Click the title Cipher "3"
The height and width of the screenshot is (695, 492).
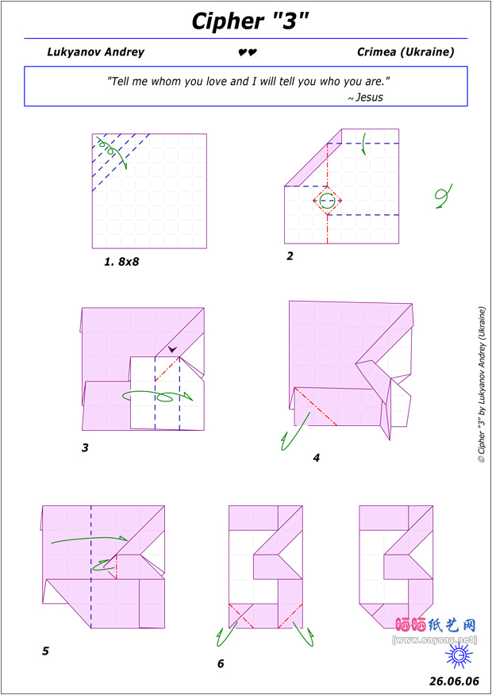tap(249, 21)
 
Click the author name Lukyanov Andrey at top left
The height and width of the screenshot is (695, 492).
tap(96, 52)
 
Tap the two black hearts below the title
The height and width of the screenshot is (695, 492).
tap(248, 52)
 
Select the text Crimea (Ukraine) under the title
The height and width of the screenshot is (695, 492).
tap(406, 52)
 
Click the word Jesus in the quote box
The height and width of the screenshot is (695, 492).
tap(369, 97)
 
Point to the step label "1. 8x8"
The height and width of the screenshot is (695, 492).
tap(121, 262)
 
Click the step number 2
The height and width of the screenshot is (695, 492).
tap(290, 256)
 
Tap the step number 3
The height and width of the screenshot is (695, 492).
tap(85, 447)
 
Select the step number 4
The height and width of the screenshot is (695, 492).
tap(316, 458)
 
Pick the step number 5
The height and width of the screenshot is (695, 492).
tap(45, 651)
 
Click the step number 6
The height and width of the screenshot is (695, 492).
tap(221, 663)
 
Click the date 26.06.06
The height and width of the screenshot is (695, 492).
tap(454, 681)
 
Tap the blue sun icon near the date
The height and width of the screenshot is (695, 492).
tap(459, 655)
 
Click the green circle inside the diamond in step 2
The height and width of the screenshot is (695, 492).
tap(327, 201)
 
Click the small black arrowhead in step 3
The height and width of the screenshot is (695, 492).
tap(173, 349)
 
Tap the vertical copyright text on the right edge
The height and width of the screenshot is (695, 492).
tap(482, 385)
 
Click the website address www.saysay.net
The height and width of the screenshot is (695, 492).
tap(435, 639)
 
